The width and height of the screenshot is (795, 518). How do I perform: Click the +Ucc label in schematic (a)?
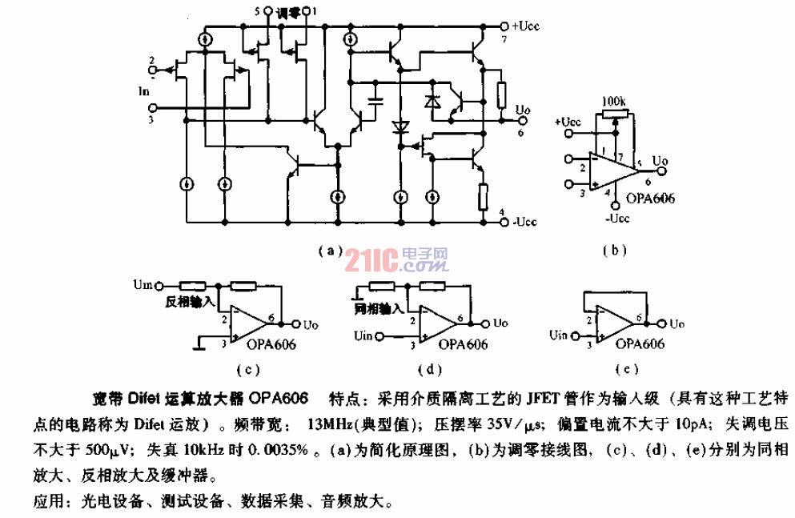point(526,25)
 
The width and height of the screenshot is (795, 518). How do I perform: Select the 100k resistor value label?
point(616,103)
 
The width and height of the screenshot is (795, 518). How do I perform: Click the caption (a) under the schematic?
point(331,250)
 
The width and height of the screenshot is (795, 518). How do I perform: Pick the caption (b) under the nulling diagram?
point(614,250)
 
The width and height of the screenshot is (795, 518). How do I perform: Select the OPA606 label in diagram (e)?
point(641,344)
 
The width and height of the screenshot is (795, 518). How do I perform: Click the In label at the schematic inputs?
point(144,92)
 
